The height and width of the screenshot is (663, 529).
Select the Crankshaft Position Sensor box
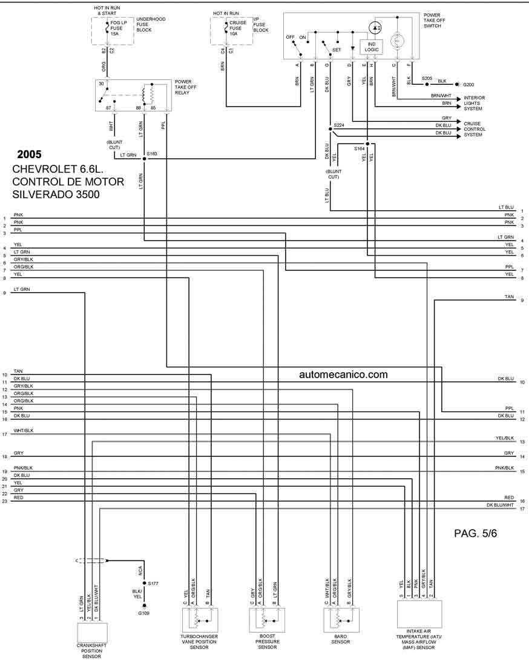[91, 633]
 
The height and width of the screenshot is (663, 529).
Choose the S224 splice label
[338, 125]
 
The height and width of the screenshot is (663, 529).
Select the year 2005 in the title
[30, 155]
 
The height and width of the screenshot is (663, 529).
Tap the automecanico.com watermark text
[343, 375]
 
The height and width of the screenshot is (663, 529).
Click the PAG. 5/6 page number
[475, 533]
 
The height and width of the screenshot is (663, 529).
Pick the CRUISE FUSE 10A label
[238, 28]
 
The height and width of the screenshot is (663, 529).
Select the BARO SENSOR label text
[341, 639]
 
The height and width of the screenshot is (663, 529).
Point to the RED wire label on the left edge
[18, 498]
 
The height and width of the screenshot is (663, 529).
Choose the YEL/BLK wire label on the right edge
[505, 438]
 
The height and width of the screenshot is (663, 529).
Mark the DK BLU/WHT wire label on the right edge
[500, 505]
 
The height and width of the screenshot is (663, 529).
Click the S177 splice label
[153, 582]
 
